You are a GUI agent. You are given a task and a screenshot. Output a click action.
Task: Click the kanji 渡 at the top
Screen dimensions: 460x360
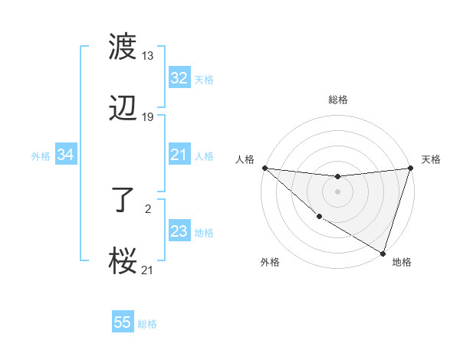pyautogui.click(x=123, y=47)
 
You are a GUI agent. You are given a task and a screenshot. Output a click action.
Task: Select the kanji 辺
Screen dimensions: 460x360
pyautogui.click(x=123, y=109)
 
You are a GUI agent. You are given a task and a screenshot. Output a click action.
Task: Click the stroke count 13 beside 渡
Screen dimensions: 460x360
pyautogui.click(x=148, y=56)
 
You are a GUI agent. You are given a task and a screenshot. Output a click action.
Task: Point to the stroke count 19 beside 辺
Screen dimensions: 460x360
pyautogui.click(x=148, y=117)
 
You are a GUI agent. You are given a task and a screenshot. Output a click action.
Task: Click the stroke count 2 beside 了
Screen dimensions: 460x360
pyautogui.click(x=148, y=208)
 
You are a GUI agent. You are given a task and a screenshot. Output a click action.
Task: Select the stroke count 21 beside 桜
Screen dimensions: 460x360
pyautogui.click(x=148, y=270)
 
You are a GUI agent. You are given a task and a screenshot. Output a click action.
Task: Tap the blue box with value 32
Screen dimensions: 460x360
pyautogui.click(x=179, y=78)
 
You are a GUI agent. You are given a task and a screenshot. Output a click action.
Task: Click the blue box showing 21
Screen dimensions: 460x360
pyautogui.click(x=179, y=155)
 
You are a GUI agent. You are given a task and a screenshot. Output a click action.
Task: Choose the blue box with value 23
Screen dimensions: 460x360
pyautogui.click(x=179, y=231)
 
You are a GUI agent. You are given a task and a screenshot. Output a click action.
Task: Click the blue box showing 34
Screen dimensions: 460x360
pyautogui.click(x=66, y=155)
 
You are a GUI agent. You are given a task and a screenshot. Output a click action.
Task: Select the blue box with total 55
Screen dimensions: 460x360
pyautogui.click(x=123, y=322)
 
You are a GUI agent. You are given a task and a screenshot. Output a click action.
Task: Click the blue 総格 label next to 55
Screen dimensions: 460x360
pyautogui.click(x=147, y=324)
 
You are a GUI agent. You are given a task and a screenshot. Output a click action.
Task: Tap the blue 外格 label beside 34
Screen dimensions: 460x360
pyautogui.click(x=41, y=156)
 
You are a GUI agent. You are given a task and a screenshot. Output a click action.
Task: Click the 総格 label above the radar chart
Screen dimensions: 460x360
pyautogui.click(x=337, y=100)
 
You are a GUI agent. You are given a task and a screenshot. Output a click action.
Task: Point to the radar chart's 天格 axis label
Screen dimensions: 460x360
pyautogui.click(x=431, y=159)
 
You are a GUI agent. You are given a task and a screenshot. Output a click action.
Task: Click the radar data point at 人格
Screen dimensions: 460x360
pyautogui.click(x=264, y=168)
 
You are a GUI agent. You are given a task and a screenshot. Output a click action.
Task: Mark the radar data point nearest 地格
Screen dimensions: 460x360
pyautogui.click(x=383, y=254)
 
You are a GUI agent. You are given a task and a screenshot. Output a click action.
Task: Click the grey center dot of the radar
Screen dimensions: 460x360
pyautogui.click(x=337, y=191)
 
